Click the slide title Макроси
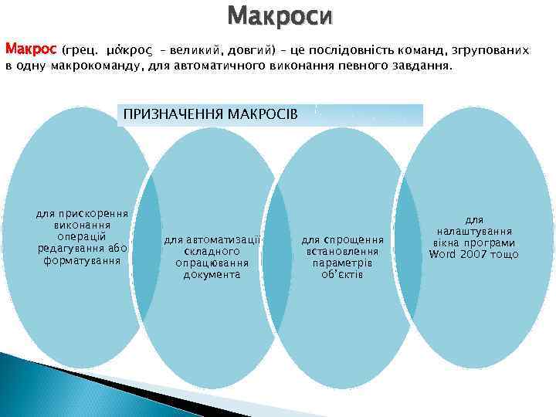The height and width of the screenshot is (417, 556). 282,15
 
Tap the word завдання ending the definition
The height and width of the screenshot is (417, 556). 422,66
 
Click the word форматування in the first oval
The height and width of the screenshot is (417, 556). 83,260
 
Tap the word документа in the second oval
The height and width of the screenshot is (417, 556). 212,275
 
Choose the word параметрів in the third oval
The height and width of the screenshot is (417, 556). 342,263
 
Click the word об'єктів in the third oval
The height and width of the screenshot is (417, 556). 342,274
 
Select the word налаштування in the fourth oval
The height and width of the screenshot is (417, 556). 474,231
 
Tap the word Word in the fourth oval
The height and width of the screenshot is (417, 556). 443,254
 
